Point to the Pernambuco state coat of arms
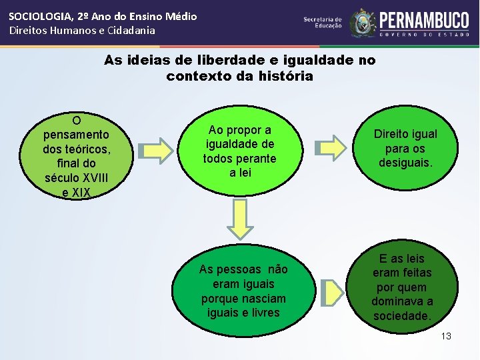pos(363,23)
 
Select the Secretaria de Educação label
pos(323,23)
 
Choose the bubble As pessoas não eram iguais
pos(243,291)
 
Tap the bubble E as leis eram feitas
pos(403,287)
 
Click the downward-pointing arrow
pos(241,219)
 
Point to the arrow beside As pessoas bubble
pos(329,293)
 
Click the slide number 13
pos(446,336)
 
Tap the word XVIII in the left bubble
pos(95,178)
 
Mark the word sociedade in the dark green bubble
pos(402,316)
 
